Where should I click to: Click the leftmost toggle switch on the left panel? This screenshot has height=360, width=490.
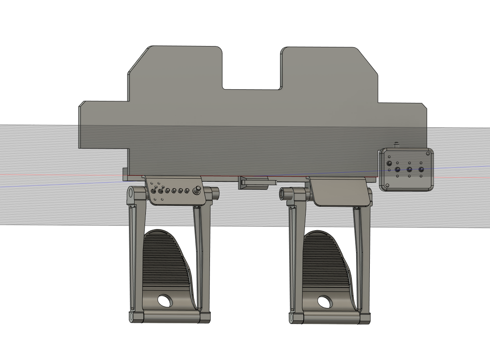pyautogui.click(x=153, y=191)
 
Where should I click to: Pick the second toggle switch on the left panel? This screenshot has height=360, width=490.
pyautogui.click(x=160, y=191)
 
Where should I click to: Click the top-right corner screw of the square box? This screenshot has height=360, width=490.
pyautogui.click(x=428, y=153)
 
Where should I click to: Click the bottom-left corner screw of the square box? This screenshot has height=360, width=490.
pyautogui.click(x=387, y=185)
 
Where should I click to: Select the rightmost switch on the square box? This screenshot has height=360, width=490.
pyautogui.click(x=421, y=170)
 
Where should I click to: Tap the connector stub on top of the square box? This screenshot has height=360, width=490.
pyautogui.click(x=396, y=144)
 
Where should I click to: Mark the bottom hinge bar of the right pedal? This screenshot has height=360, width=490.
pyautogui.click(x=331, y=318)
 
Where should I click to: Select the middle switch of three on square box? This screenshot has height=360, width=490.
pyautogui.click(x=409, y=170)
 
